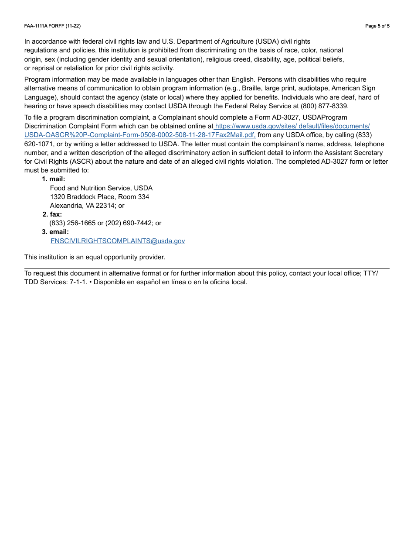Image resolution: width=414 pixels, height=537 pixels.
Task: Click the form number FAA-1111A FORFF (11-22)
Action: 52,26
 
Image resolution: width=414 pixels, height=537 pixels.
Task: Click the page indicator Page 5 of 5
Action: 377,26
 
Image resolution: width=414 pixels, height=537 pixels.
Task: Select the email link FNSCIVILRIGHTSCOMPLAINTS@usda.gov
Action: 118,241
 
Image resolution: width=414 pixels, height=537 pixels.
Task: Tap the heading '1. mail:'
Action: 54,179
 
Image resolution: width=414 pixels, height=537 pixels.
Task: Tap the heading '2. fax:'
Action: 52,214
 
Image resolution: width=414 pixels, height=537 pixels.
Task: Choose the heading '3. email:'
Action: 55,232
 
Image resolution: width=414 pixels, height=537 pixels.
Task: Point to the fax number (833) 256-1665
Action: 72,223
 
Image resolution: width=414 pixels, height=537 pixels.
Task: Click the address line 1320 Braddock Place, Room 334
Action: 99,197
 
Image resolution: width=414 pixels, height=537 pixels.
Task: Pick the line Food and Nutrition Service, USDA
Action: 101,188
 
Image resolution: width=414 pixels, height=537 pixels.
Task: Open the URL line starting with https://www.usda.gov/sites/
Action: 292,126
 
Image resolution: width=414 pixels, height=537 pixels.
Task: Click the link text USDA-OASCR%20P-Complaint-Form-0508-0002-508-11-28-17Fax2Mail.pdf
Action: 140,135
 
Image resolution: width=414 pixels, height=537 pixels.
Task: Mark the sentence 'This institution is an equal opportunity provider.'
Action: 95,257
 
